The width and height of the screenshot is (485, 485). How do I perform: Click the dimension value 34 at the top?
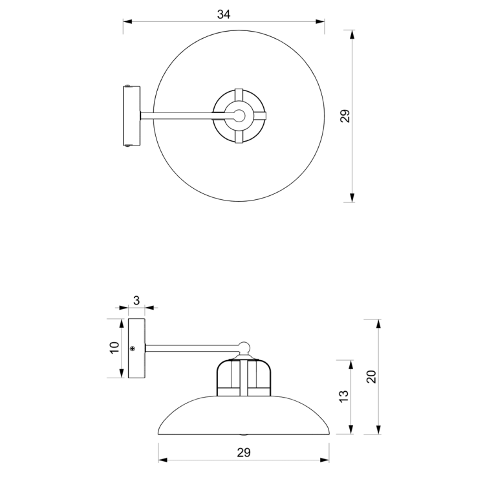[x=224, y=15]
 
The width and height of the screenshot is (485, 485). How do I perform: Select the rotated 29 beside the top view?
[x=345, y=116]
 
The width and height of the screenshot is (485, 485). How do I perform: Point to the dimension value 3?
[x=136, y=300]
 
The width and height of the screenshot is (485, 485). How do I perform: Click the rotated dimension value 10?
[x=114, y=348]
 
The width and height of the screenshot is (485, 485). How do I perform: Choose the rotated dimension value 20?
[x=371, y=376]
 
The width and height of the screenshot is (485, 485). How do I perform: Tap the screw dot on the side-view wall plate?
[x=132, y=349]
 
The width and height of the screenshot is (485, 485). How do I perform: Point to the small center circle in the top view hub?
[x=239, y=116]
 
